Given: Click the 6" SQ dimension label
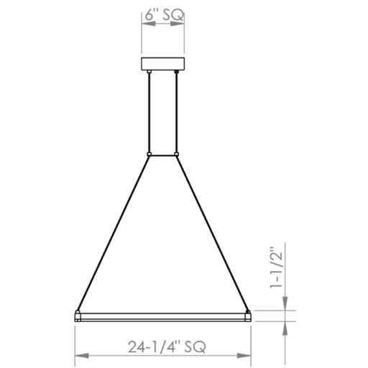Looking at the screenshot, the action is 165,15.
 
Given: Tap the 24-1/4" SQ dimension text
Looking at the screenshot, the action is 167,346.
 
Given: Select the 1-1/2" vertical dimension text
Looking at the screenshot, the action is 277,267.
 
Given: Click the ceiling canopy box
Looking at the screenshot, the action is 163,64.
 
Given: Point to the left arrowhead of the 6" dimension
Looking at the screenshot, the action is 149,24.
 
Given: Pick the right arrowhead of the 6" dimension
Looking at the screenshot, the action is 178,24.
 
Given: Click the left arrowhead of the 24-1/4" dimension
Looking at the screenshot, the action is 82,356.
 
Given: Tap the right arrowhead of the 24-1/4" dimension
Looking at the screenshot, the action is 244,356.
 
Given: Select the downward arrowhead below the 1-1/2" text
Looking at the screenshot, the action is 285,303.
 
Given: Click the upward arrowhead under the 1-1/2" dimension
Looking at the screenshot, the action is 285,328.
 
